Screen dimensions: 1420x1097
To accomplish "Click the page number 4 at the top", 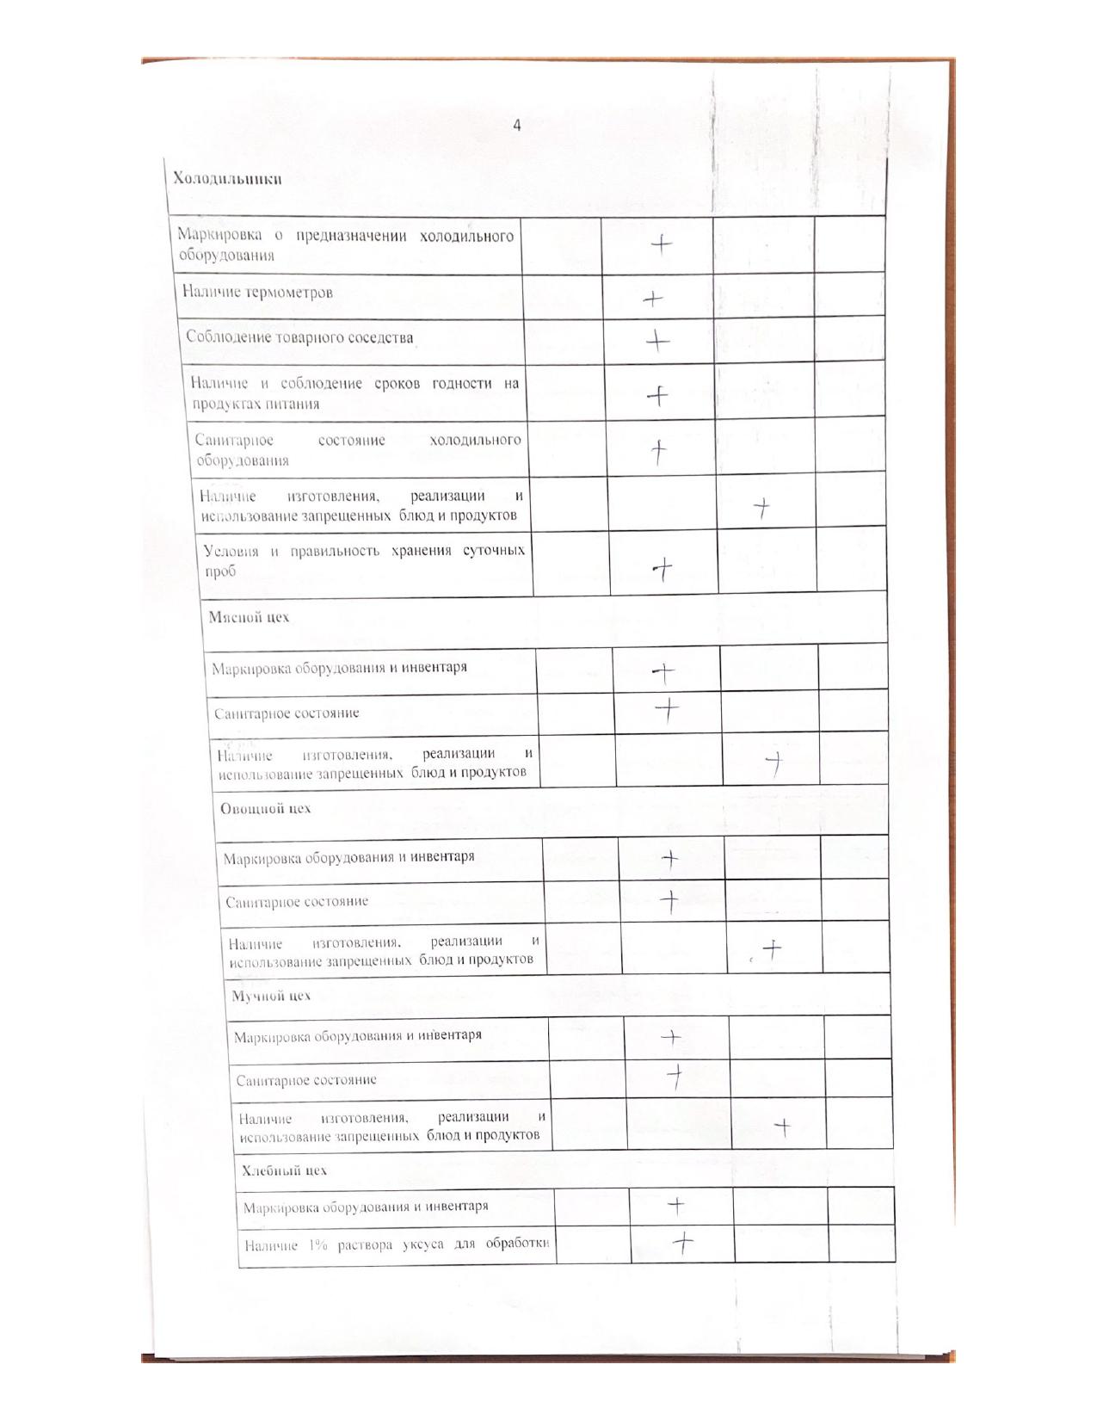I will tap(517, 126).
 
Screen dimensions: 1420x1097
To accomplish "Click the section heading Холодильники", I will tap(227, 179).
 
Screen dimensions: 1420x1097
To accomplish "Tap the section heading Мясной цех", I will tap(249, 617).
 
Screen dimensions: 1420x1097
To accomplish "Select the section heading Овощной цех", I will tap(265, 808).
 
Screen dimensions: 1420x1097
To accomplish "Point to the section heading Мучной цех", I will tap(271, 996).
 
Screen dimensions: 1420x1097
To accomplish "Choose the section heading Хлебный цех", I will tap(284, 1170).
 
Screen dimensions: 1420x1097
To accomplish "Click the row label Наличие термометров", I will tap(257, 292).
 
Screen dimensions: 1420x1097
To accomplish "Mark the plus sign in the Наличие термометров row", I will tap(653, 299).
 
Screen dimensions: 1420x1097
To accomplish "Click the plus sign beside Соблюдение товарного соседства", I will tap(657, 342).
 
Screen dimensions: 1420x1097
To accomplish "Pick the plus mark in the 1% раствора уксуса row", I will tap(682, 1242).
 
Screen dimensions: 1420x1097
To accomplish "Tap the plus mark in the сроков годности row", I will tap(657, 396).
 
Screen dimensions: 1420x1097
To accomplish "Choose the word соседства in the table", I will tap(382, 337).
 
